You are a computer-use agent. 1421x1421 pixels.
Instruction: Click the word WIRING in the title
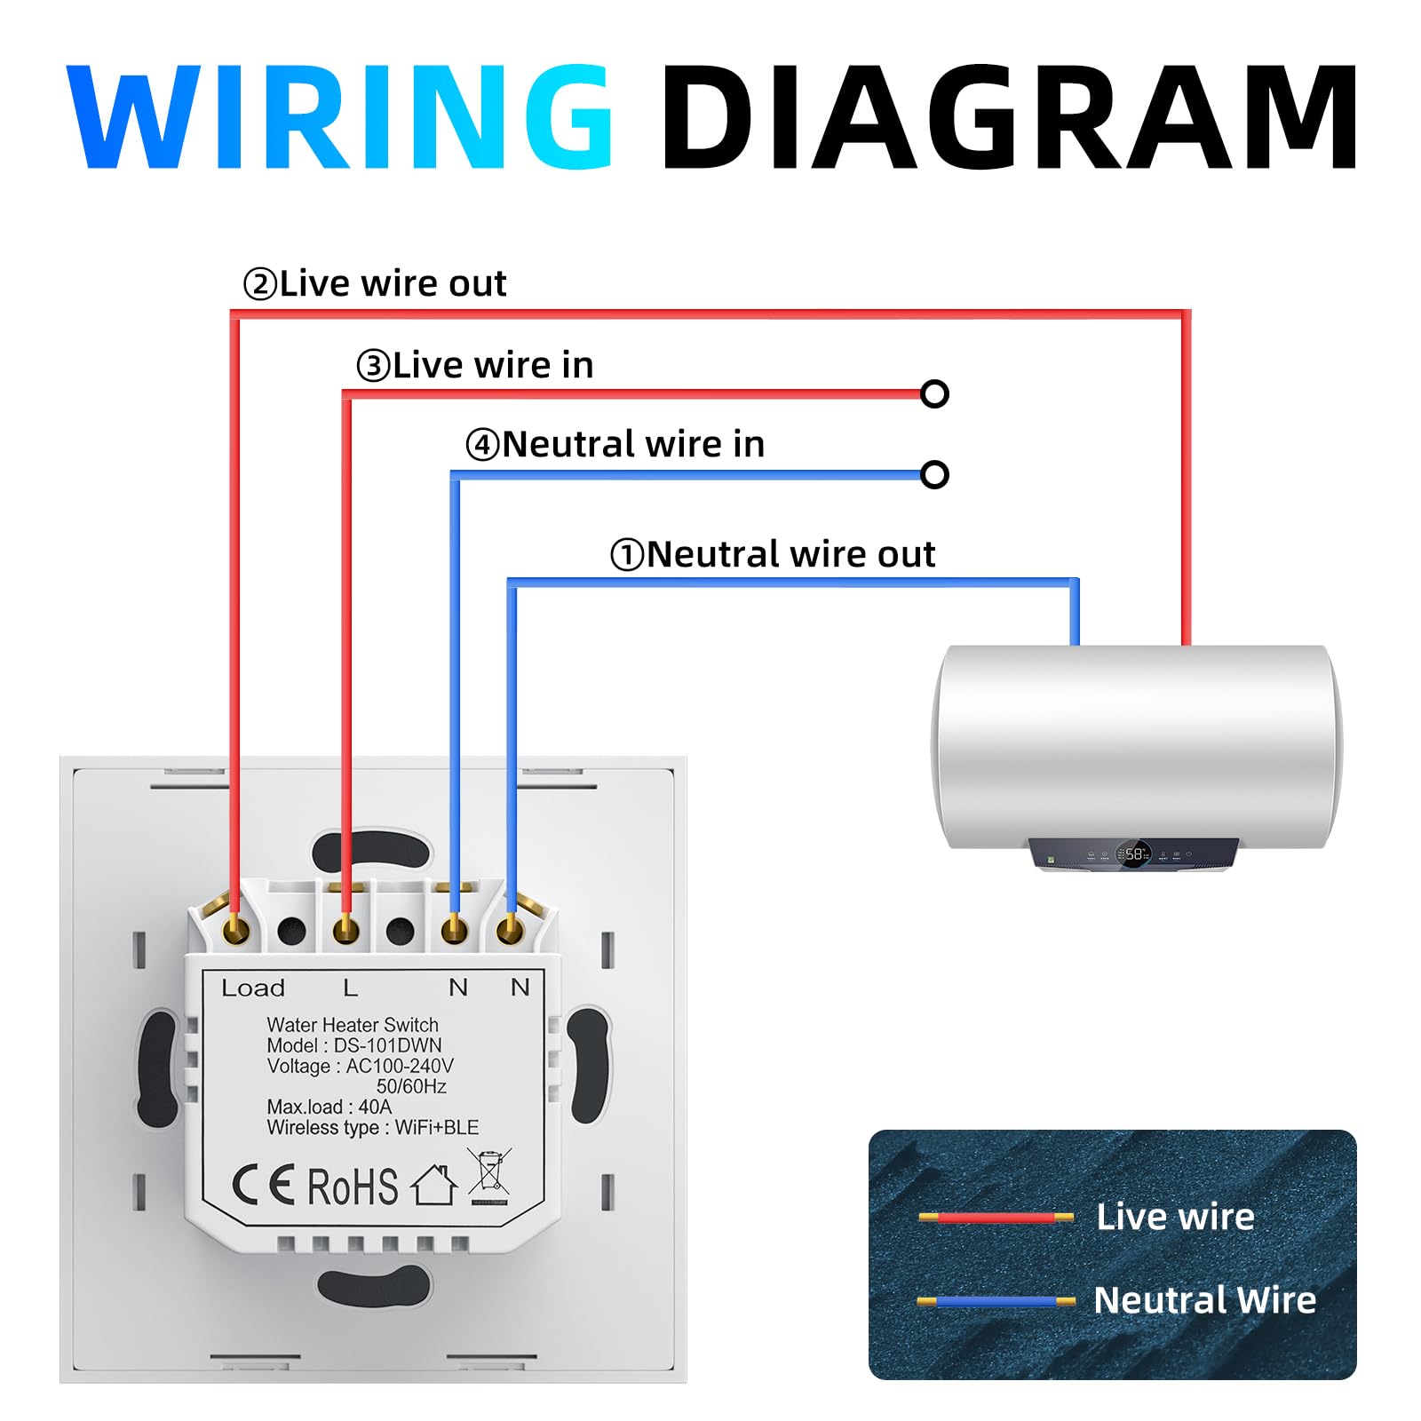339,115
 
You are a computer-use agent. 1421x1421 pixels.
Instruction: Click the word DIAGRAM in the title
1010,115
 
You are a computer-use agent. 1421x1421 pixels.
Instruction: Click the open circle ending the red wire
934,393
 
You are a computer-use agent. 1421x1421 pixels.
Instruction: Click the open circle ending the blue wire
934,475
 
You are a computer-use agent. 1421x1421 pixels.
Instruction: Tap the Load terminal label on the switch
253,988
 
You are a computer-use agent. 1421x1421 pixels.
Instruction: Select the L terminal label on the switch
351,988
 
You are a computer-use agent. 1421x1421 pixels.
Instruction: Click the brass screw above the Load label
236,930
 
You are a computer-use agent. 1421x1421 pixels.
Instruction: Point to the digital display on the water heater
1133,854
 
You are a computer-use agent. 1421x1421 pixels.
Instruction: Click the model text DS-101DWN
387,1045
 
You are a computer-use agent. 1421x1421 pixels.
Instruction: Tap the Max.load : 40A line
329,1107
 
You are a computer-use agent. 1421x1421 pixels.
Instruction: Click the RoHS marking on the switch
353,1187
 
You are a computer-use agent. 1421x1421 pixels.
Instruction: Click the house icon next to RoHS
434,1185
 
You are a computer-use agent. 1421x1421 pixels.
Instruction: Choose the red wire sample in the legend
996,1217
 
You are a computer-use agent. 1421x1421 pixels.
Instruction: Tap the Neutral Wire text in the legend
1205,1299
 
